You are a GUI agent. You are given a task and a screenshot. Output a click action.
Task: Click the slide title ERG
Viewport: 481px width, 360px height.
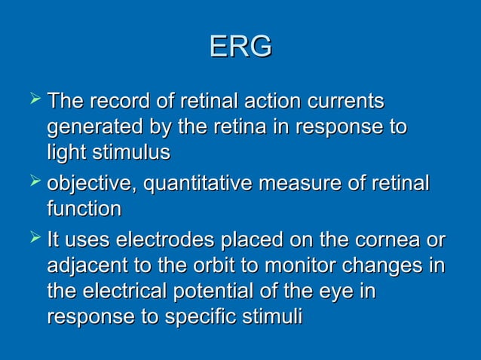pos(240,47)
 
